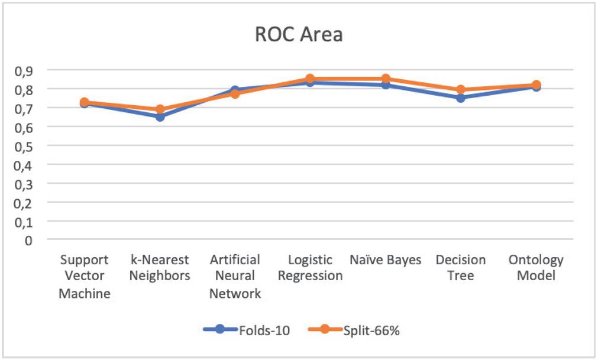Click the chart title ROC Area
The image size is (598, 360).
tap(299, 34)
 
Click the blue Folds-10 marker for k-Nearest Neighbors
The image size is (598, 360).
tap(160, 116)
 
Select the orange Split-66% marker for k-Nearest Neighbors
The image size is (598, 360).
tap(160, 109)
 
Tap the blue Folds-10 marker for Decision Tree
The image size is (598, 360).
tap(460, 98)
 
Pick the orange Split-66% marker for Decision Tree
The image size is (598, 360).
tap(460, 90)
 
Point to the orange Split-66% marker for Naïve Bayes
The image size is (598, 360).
tap(385, 79)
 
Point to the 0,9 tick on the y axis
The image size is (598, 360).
tap(23, 70)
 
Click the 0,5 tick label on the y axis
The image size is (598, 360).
tap(23, 145)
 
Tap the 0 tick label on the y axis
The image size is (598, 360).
tap(28, 240)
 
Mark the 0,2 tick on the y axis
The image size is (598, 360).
tap(23, 202)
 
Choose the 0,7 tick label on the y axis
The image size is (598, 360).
tap(23, 108)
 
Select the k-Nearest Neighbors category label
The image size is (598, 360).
tap(160, 268)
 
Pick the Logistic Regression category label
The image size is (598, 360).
tap(310, 268)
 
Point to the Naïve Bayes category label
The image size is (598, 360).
tap(385, 260)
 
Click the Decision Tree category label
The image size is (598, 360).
tap(460, 268)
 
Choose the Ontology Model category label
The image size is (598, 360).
tap(536, 268)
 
